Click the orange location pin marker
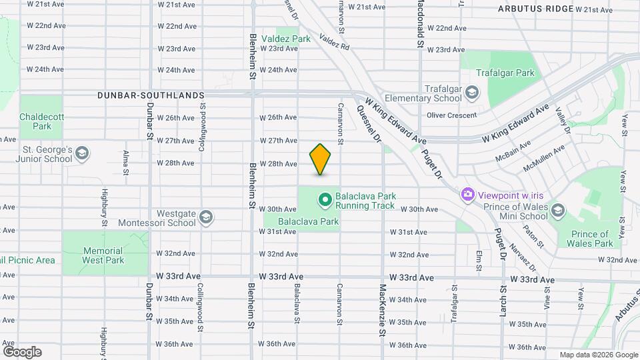(x=321, y=159)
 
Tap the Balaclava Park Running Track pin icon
(x=325, y=199)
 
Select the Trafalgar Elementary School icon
(x=473, y=91)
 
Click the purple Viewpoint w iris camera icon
(x=468, y=194)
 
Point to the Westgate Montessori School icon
(x=207, y=217)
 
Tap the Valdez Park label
(x=286, y=39)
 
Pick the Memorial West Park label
(x=103, y=255)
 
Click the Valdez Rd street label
(x=334, y=43)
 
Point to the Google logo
(x=22, y=351)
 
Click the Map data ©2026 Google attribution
(x=598, y=355)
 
